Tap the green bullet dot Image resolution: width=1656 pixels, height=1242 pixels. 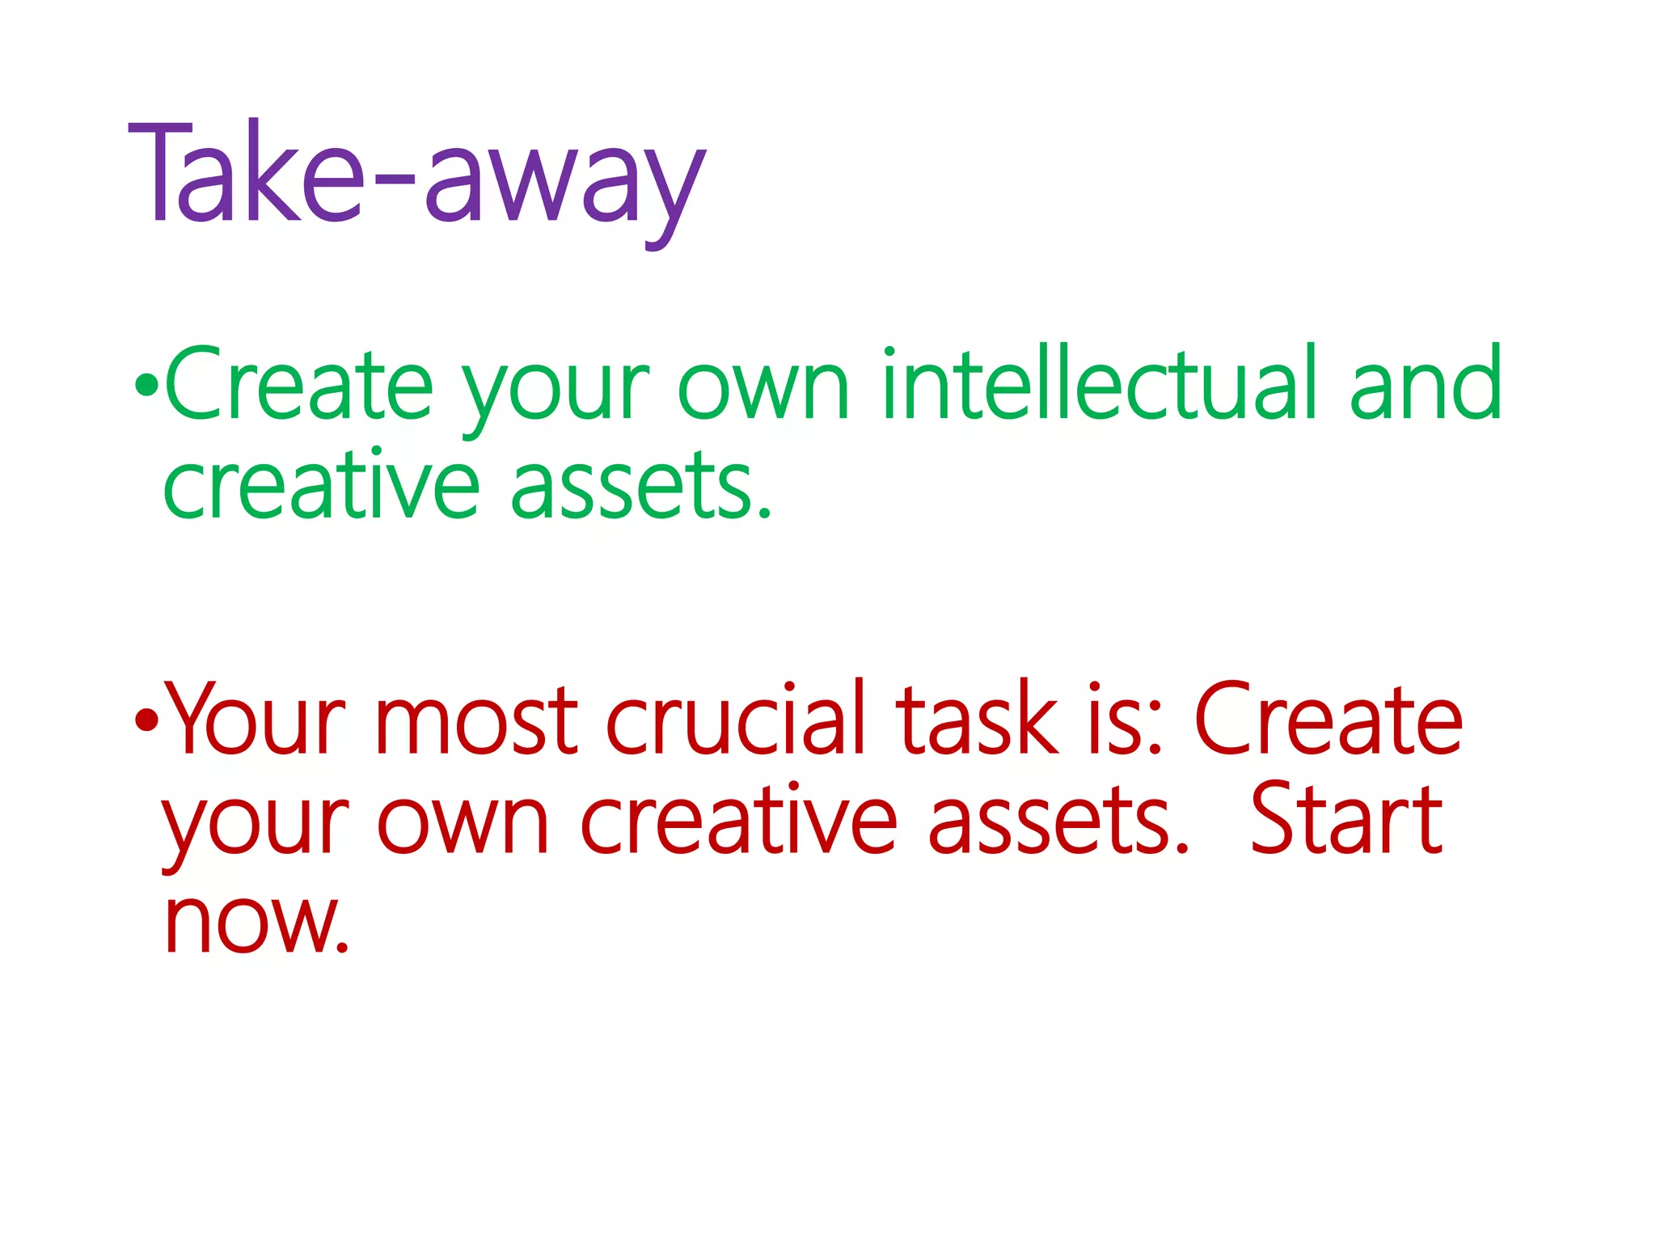[146, 387]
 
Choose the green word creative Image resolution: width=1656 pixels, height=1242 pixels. [321, 485]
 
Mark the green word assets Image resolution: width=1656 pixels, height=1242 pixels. [641, 485]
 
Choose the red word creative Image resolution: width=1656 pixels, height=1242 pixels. [738, 821]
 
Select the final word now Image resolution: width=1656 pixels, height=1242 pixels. [256, 923]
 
